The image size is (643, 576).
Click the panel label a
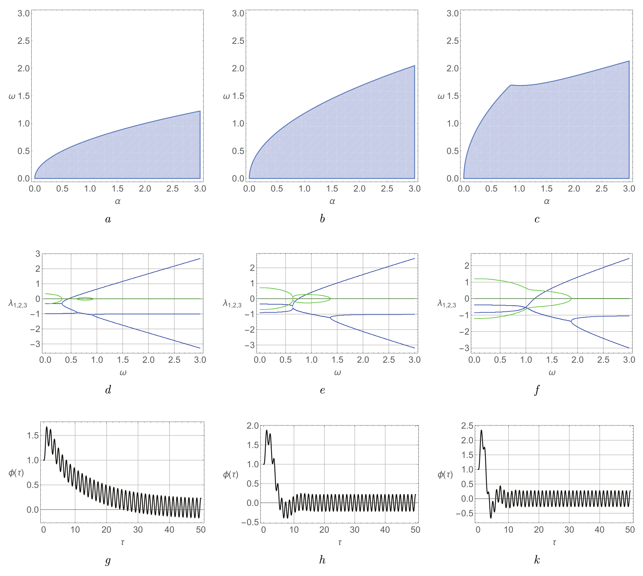[108, 219]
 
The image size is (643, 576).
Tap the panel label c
[537, 219]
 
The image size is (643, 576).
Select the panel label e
[322, 390]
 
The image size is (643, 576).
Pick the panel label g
[108, 560]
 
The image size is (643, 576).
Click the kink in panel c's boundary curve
[511, 85]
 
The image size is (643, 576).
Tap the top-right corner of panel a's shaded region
[200, 111]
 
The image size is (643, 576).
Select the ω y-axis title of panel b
[226, 96]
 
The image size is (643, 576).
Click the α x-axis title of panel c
[547, 202]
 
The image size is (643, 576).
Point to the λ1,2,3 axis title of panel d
[18, 304]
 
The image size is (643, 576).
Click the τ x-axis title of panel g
[122, 542]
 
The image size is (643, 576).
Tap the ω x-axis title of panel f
[552, 373]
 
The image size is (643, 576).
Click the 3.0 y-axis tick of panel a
[23, 13]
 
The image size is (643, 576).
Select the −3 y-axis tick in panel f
[462, 348]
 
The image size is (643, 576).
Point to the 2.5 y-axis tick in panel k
[467, 426]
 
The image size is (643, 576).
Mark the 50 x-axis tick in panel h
[415, 530]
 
